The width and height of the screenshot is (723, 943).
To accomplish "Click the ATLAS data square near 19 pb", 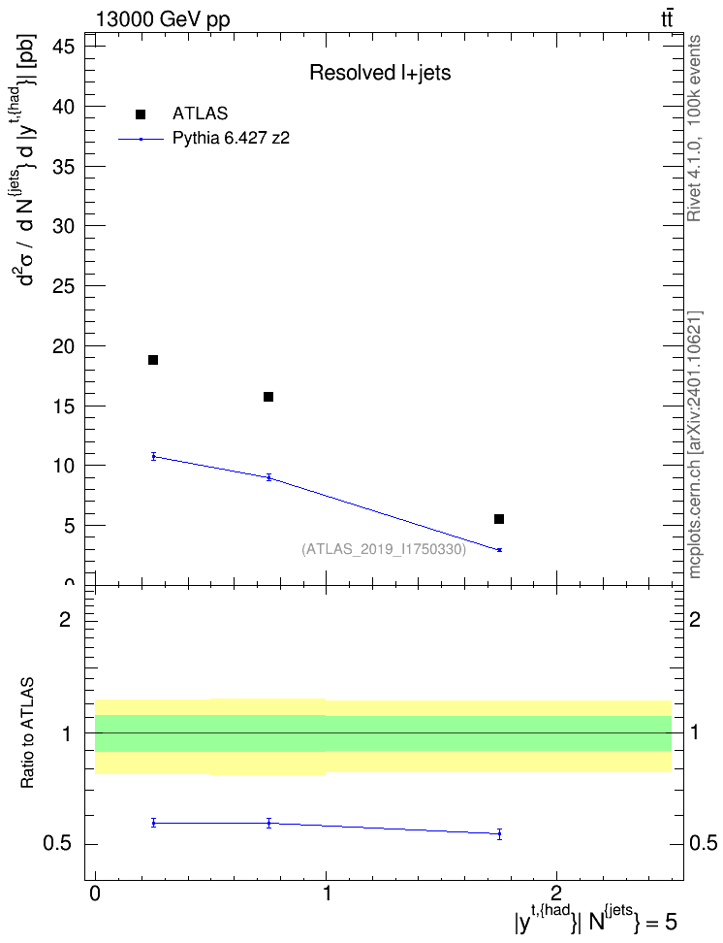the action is [x=153, y=360].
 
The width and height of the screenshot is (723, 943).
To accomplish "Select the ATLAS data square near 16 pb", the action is [x=268, y=397].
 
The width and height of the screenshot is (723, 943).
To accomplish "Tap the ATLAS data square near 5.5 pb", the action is [x=499, y=519].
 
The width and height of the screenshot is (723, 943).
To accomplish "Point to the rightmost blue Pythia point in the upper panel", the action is [x=499, y=550].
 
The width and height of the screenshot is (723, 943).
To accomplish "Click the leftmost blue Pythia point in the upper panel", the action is [x=153, y=456].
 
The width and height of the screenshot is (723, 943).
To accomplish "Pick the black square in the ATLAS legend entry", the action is [x=141, y=114].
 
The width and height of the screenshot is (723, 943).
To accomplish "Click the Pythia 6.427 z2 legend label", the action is [x=231, y=139].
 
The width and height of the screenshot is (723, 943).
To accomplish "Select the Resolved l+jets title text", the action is [x=380, y=73].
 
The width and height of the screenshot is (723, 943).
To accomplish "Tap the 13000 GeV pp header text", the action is [x=163, y=19].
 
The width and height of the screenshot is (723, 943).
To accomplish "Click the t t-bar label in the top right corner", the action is [x=667, y=18].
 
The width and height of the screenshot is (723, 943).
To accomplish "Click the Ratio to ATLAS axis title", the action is [x=27, y=733].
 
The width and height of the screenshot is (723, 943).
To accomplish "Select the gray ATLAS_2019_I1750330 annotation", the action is [x=384, y=549].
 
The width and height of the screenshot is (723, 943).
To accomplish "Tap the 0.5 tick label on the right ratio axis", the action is [x=704, y=843].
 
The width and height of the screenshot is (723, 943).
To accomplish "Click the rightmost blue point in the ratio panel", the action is [x=499, y=833].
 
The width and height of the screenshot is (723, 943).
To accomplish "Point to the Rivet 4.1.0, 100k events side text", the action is [x=694, y=128].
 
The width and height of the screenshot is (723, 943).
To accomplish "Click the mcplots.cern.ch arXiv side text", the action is [x=694, y=444].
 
